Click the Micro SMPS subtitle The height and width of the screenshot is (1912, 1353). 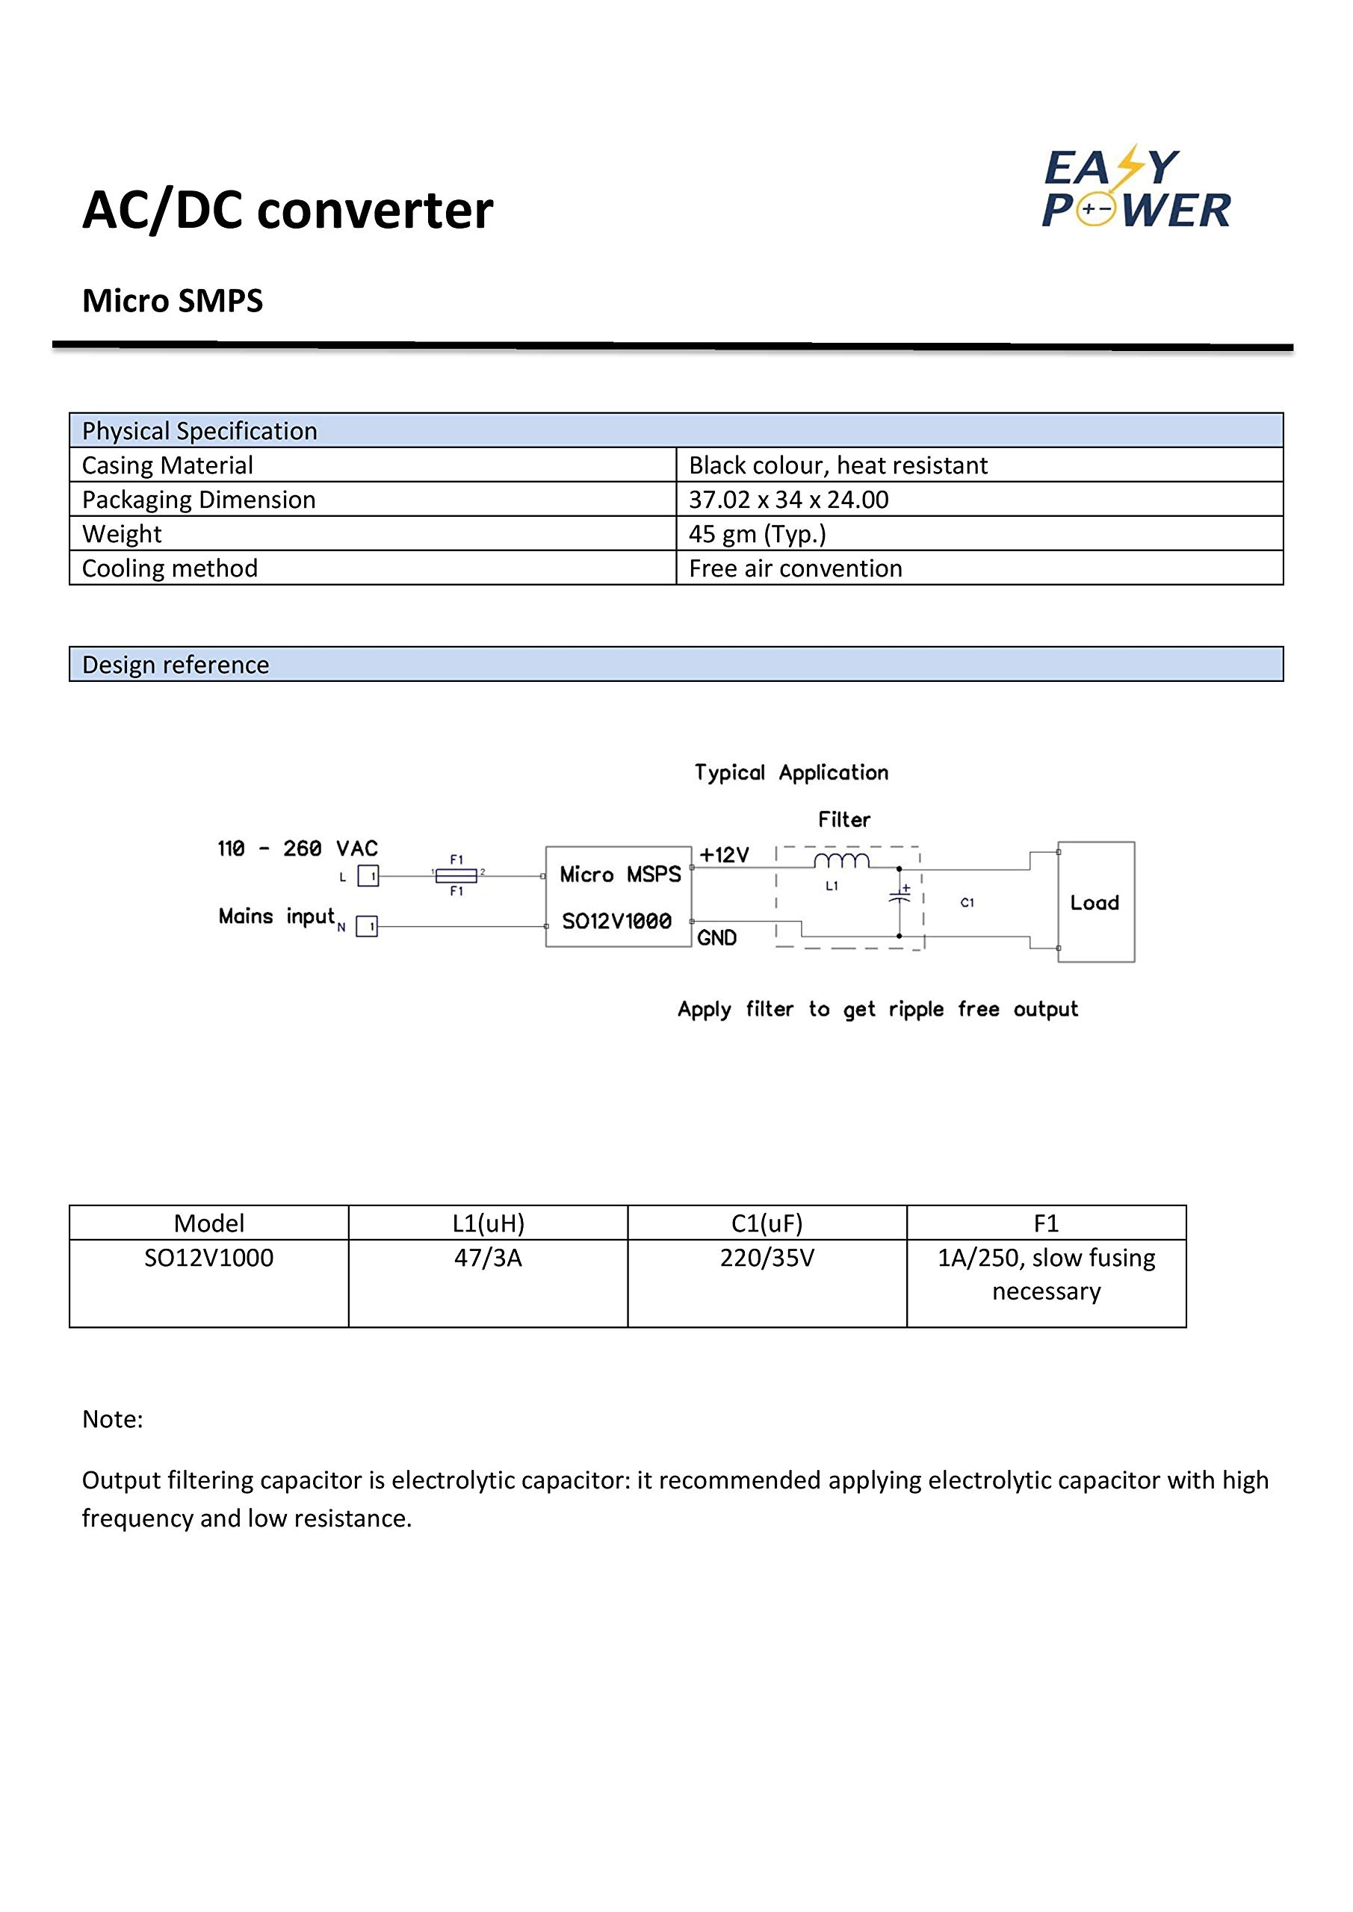pos(173,301)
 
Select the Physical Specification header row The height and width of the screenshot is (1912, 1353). pos(675,430)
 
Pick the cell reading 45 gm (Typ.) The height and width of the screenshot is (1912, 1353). pos(758,534)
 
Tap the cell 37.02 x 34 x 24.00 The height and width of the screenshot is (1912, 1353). pos(788,500)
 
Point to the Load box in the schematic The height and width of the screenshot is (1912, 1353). pos(1095,902)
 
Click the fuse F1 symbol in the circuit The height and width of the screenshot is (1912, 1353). pos(456,875)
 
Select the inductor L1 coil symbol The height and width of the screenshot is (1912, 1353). pos(841,861)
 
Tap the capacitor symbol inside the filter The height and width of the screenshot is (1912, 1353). pos(899,898)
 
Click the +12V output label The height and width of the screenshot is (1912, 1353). pos(724,855)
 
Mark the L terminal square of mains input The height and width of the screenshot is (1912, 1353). pos(368,876)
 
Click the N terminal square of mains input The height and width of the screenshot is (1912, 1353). pos(367,926)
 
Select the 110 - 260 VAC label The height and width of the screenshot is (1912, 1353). pos(297,848)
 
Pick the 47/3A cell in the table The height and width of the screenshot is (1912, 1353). pos(487,1258)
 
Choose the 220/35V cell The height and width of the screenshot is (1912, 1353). pos(767,1258)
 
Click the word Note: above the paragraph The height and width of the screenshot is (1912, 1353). pos(113,1419)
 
